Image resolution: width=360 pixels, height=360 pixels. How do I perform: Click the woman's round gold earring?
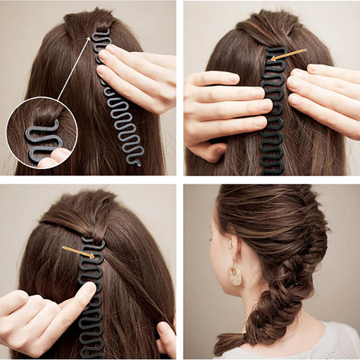tap(234, 274)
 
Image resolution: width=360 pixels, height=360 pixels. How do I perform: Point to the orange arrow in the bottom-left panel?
tap(78, 252)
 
